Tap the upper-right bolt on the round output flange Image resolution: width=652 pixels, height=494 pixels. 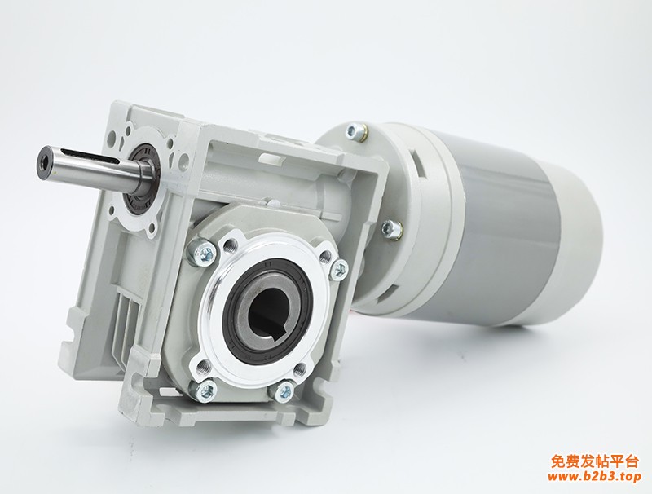[x=340, y=268]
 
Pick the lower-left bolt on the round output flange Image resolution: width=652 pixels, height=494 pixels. [x=204, y=390]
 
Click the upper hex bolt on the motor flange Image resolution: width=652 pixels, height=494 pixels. [x=356, y=130]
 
